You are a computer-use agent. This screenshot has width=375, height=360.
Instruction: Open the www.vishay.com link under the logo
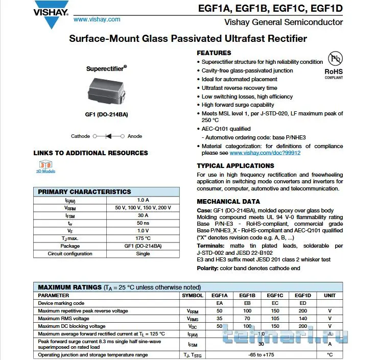pyautogui.click(x=97, y=19)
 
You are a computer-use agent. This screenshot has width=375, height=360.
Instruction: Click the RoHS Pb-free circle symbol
pyautogui.click(x=335, y=58)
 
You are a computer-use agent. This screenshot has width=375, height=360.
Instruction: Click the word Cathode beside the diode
pyautogui.click(x=80, y=136)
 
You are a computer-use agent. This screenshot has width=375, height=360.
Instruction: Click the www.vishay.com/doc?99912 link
pyautogui.click(x=265, y=153)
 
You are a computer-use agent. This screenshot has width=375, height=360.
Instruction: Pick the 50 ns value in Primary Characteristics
pyautogui.click(x=143, y=223)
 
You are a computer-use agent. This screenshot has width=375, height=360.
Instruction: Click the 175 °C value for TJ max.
pyautogui.click(x=143, y=238)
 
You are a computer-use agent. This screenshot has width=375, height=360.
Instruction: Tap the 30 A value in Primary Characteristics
pyautogui.click(x=143, y=215)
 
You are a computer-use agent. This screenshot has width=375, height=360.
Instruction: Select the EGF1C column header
pyautogui.click(x=275, y=296)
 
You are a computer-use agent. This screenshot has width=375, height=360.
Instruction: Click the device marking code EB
pyautogui.click(x=247, y=303)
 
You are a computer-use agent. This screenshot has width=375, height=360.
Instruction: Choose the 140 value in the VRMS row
pyautogui.click(x=302, y=318)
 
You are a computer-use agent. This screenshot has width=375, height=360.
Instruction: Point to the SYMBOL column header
pyautogui.click(x=193, y=296)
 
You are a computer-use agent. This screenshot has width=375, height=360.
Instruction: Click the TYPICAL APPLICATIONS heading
pyautogui.click(x=235, y=166)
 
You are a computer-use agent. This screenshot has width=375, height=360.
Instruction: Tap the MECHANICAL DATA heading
pyautogui.click(x=228, y=202)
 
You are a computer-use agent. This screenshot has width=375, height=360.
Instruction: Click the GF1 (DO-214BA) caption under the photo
pyautogui.click(x=106, y=114)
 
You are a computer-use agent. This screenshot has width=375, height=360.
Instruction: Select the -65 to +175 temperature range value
pyautogui.click(x=261, y=355)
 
